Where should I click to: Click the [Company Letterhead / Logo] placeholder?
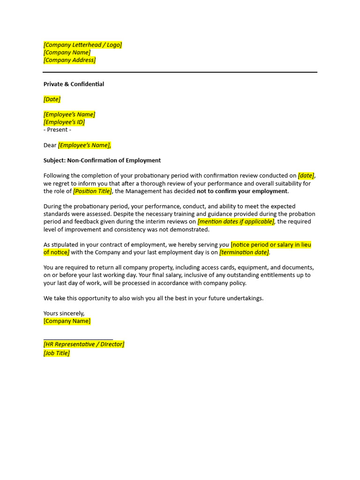click(x=82, y=45)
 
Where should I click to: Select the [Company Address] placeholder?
click(x=69, y=60)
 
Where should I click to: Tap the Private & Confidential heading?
click(x=74, y=84)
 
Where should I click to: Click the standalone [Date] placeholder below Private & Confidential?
click(x=52, y=99)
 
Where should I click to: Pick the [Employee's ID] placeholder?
click(x=64, y=122)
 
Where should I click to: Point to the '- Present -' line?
click(x=57, y=130)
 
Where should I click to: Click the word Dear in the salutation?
click(x=50, y=145)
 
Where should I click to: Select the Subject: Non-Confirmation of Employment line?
click(x=102, y=160)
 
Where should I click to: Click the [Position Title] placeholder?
click(x=93, y=191)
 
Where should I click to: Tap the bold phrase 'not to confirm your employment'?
click(x=242, y=191)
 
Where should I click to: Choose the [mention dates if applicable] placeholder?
click(x=236, y=222)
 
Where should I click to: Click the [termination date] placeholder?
click(x=244, y=252)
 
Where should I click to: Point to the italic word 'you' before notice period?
click(x=224, y=245)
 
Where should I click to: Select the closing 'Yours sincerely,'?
click(x=64, y=313)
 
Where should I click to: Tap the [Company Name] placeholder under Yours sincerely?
click(x=67, y=321)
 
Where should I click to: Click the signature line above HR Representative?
click(x=78, y=338)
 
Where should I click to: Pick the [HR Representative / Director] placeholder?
click(x=84, y=344)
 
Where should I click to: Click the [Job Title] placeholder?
click(x=57, y=353)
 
